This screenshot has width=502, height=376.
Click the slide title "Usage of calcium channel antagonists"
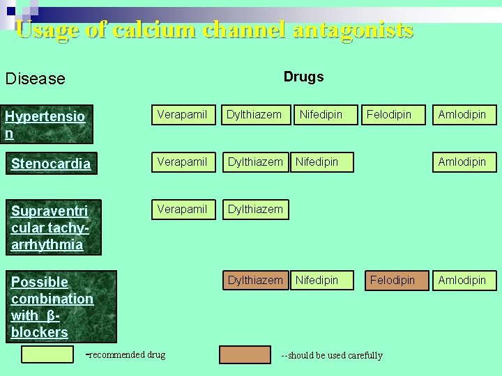point(214,31)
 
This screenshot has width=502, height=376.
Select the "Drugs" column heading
point(303,77)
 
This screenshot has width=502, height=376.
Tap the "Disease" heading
point(35,79)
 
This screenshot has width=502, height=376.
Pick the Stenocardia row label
point(51,164)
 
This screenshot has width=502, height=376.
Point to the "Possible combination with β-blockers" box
point(60,306)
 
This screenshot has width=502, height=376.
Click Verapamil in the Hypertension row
point(182,114)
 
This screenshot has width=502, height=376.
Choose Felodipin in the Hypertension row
point(389,114)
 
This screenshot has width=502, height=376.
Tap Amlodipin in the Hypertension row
point(462,114)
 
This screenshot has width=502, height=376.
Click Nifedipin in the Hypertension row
point(321,114)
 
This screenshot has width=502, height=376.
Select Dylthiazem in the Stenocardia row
point(255,162)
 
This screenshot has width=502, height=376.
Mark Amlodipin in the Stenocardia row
point(462,162)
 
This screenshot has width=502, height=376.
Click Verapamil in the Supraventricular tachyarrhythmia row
point(182,209)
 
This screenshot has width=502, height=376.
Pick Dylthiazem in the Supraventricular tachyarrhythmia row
point(255,209)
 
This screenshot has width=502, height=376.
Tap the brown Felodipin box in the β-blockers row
point(392,280)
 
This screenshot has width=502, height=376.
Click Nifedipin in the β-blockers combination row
point(317,280)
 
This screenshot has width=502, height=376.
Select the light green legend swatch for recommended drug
point(47,354)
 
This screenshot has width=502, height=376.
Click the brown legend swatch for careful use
point(245,354)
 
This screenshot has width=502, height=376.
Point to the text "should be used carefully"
point(335,355)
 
